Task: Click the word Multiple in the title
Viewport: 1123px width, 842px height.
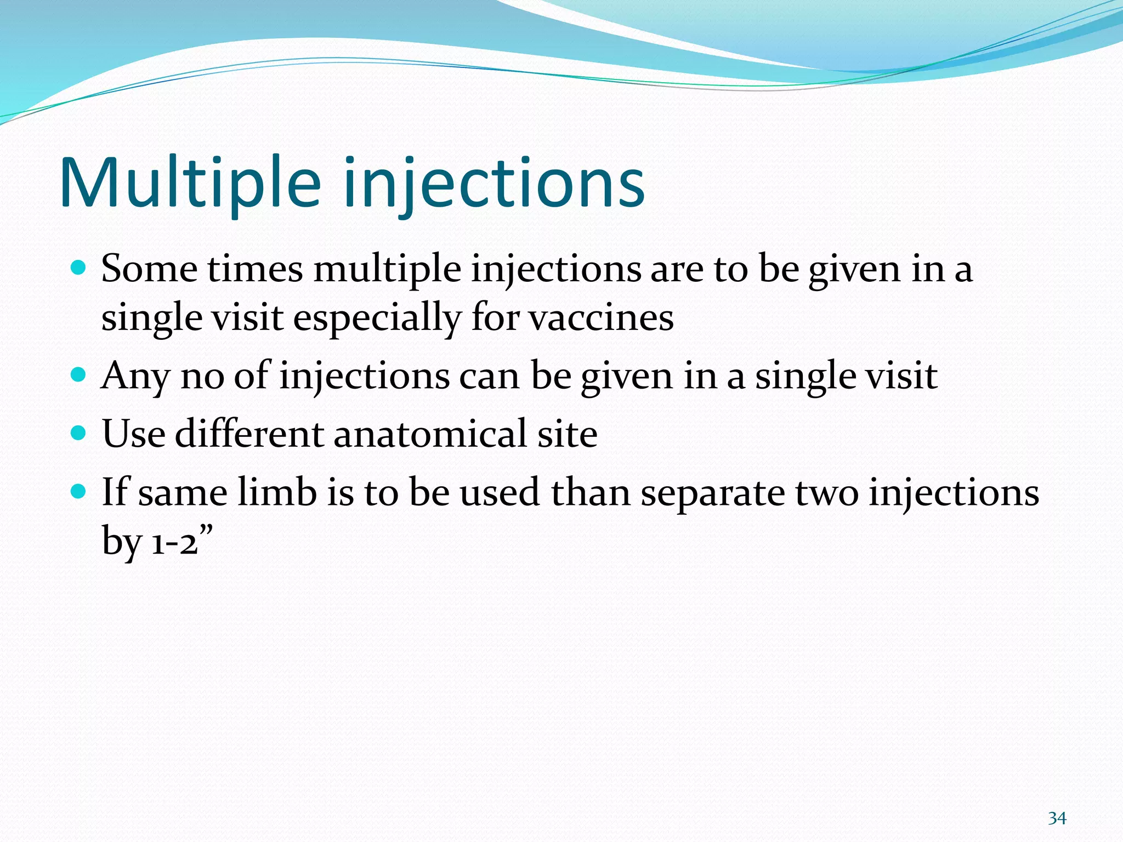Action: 189,184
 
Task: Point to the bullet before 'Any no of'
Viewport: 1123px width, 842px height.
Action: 79,375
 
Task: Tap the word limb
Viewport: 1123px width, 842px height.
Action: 277,492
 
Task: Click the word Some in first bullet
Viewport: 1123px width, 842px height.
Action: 149,269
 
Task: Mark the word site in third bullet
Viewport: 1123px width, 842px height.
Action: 567,434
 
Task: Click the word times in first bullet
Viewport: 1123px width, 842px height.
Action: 255,269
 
